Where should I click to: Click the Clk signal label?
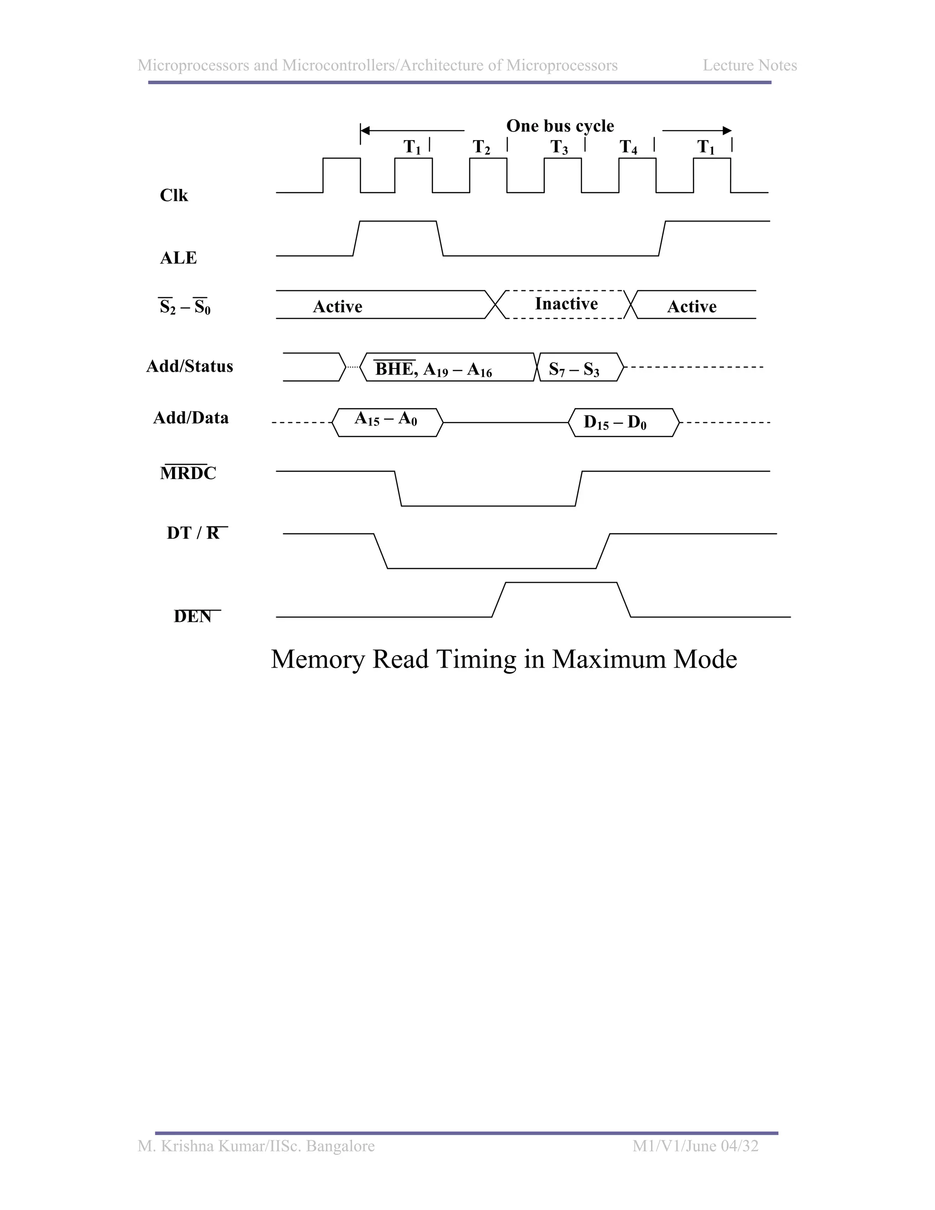(174, 195)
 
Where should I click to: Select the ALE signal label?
(179, 258)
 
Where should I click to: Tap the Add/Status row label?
(189, 366)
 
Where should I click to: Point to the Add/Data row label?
(190, 418)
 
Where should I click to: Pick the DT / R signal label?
(194, 533)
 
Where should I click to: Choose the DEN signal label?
(193, 616)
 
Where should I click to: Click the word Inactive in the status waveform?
(566, 304)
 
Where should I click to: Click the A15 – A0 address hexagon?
(386, 420)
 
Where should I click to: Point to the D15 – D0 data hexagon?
(615, 423)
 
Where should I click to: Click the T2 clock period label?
(481, 147)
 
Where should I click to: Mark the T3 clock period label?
(559, 147)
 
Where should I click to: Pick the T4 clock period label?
(628, 147)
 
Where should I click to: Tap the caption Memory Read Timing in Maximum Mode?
(504, 659)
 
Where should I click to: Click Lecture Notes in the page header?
(750, 65)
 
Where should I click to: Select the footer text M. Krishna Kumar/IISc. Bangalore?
(256, 1146)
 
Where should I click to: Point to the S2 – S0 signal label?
(185, 307)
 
